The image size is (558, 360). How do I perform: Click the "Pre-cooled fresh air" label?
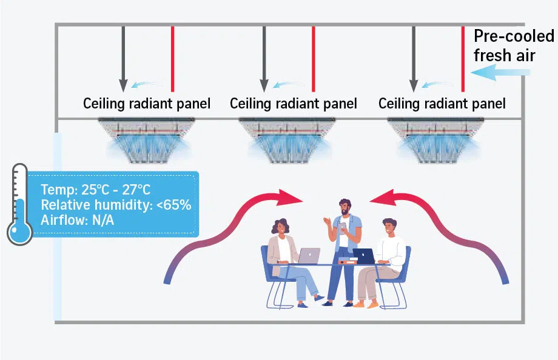coord(514,45)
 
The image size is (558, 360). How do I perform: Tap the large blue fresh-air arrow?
coord(500,72)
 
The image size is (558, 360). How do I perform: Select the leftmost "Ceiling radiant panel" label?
coord(147,104)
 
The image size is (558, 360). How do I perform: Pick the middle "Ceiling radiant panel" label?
coord(293,104)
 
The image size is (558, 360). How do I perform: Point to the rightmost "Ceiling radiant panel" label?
coord(442,104)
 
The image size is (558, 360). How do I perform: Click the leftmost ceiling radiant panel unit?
coord(146,141)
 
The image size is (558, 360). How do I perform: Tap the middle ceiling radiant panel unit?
coord(287,141)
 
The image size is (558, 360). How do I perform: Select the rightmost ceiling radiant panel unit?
coord(435,141)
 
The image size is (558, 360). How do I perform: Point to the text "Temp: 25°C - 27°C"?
coord(95,190)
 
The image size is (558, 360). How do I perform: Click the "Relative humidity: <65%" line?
coord(116,205)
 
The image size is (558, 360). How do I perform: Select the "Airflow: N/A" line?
coord(77,220)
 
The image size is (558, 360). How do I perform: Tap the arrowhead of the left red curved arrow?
coord(290,198)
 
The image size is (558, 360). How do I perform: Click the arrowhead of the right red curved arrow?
coord(383,198)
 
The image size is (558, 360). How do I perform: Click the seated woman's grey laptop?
coord(309,256)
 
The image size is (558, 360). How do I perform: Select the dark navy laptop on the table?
coord(363,256)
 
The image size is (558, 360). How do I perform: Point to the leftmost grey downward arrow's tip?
coord(123,92)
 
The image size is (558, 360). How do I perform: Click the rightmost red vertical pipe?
coord(463,59)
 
